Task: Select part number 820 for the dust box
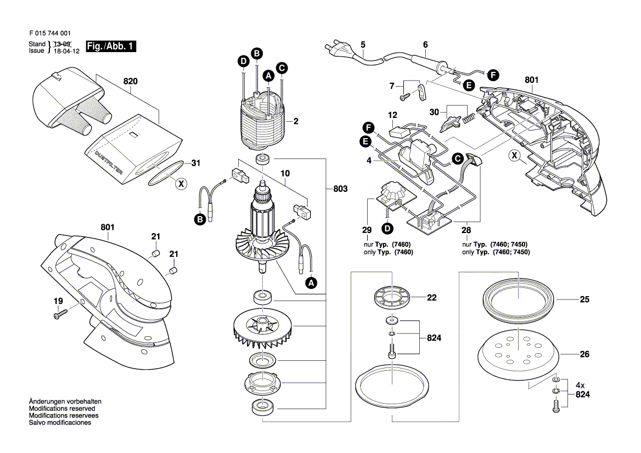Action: click(x=130, y=81)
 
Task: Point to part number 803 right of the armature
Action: click(x=340, y=189)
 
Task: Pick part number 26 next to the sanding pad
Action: click(x=585, y=355)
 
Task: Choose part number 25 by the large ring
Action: click(x=584, y=300)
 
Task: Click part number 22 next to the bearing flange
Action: click(x=431, y=297)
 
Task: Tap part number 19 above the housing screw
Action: click(x=58, y=301)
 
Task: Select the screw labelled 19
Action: click(x=60, y=313)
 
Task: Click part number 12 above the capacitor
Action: click(x=392, y=115)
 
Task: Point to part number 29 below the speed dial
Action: click(x=367, y=230)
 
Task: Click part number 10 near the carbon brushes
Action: click(x=284, y=174)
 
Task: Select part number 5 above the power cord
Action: click(x=363, y=44)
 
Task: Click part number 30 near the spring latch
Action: click(x=435, y=112)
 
